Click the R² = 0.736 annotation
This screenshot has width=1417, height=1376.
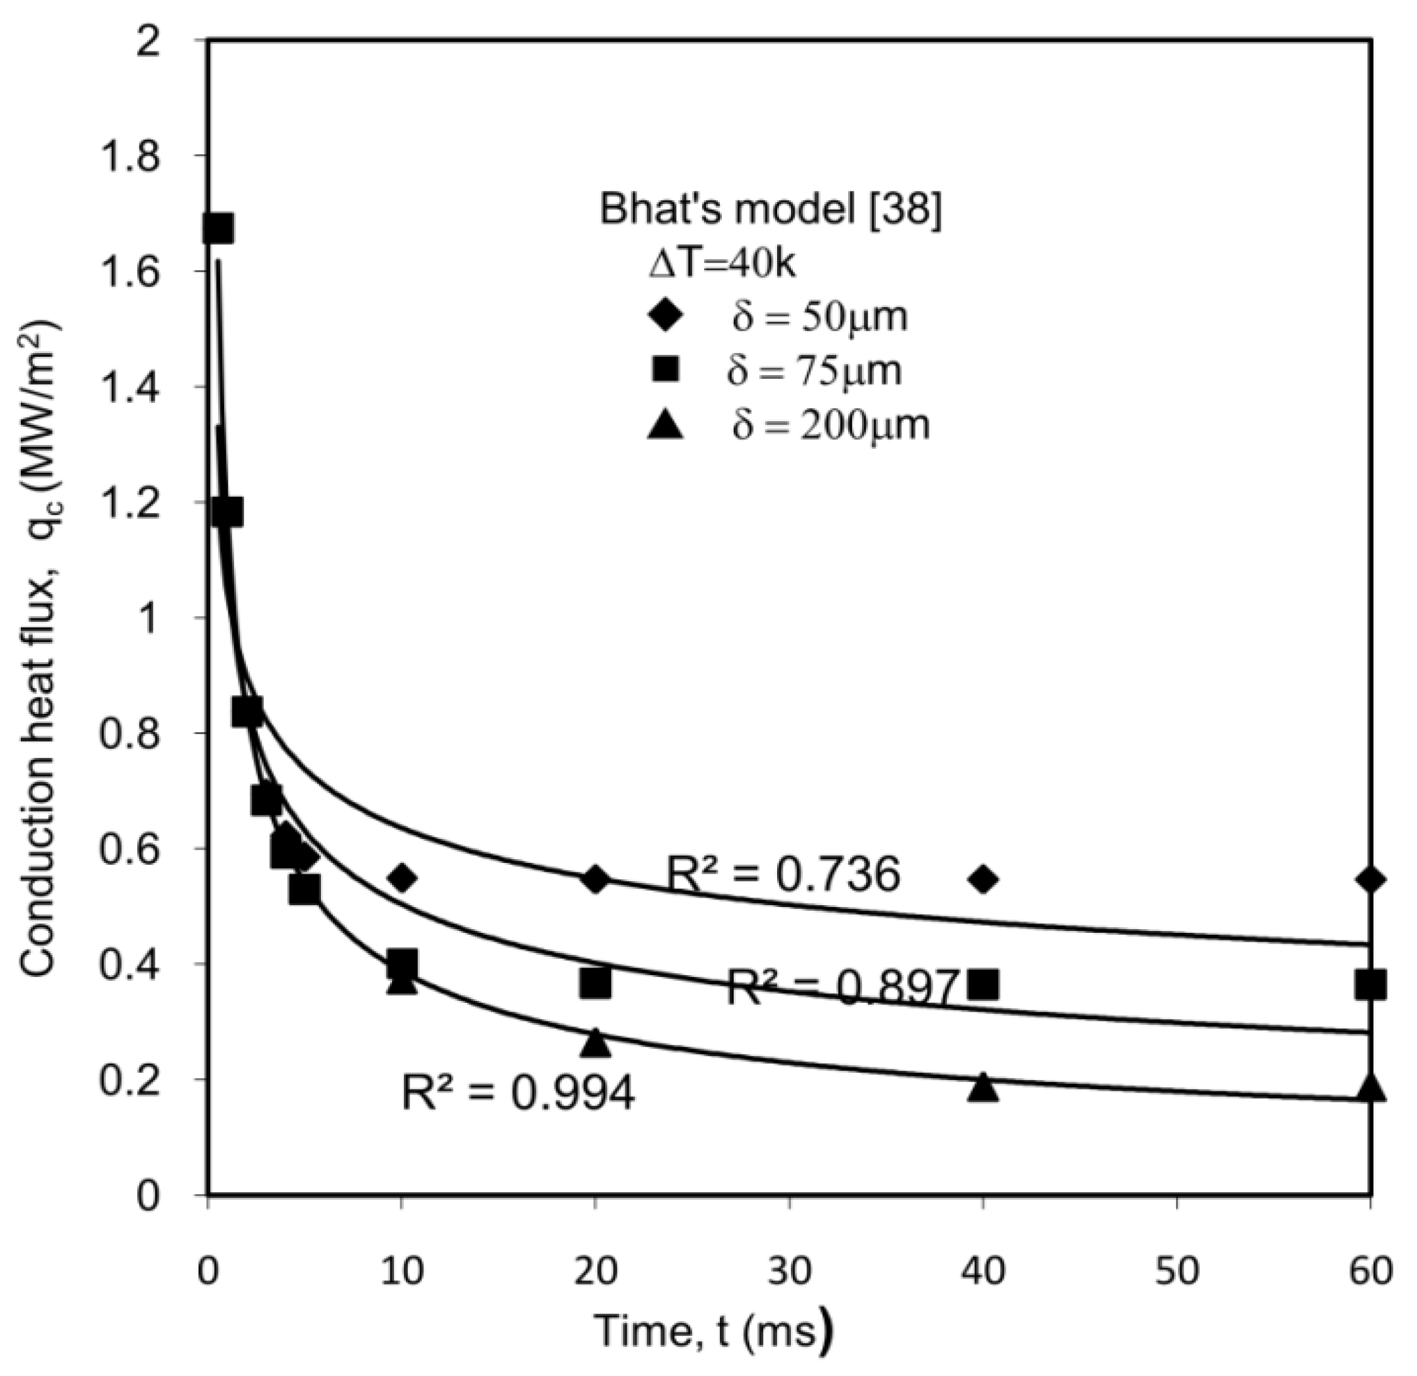(x=782, y=874)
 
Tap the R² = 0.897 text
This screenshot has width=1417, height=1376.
(x=843, y=987)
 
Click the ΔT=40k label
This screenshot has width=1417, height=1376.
(x=722, y=264)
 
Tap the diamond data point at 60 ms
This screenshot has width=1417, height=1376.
(x=1370, y=879)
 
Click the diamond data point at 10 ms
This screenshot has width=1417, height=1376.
(x=402, y=879)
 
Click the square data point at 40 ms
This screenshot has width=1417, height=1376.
(x=982, y=984)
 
